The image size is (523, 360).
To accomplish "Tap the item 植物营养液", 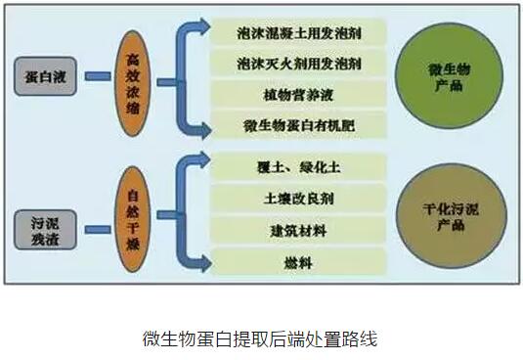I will click(299, 95).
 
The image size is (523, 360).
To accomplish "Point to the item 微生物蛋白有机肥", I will click(299, 126).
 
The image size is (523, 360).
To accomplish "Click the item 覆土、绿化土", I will click(299, 167).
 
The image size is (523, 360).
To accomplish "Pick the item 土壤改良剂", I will click(299, 199).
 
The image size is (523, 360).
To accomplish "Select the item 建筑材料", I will click(299, 230).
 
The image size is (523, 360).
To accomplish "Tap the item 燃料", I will click(299, 261).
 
